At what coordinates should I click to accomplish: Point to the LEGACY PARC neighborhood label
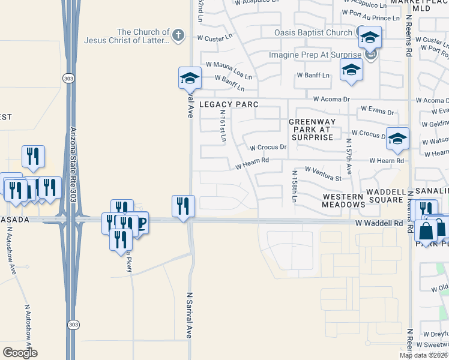coord(229,104)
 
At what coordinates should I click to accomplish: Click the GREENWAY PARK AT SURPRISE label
coord(311,130)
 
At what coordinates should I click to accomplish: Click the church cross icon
coord(177,35)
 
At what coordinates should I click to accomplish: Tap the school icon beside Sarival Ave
coord(189,77)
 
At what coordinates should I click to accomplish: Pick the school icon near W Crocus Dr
coord(397,138)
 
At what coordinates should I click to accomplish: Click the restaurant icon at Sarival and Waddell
coord(181,205)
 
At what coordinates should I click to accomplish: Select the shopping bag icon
coord(426,230)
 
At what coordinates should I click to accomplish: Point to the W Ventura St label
coord(323,174)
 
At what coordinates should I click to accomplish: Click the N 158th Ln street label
coord(294,188)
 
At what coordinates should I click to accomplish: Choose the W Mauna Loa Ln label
coord(229,68)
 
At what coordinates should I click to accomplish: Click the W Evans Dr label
coord(377,112)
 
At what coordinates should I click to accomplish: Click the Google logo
coord(20,353)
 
